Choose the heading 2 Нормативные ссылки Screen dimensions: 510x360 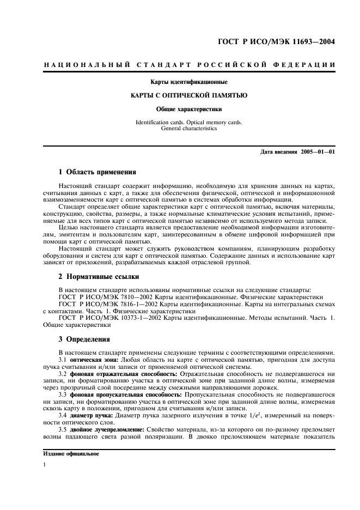[x=98, y=277]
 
